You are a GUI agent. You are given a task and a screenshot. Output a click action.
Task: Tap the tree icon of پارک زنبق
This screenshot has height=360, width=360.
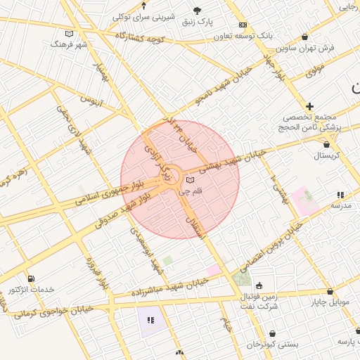pyautogui.click(x=197, y=11)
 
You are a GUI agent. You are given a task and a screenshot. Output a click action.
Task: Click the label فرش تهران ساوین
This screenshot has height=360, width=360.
pyautogui.click(x=305, y=49)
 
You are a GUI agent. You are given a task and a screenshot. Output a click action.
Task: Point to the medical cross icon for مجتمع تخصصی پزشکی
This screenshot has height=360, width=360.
pyautogui.click(x=310, y=106)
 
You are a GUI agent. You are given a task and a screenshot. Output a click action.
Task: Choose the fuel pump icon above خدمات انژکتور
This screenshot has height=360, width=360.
pyautogui.click(x=30, y=278)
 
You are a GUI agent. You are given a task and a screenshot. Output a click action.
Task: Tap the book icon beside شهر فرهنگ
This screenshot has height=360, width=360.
pyautogui.click(x=69, y=33)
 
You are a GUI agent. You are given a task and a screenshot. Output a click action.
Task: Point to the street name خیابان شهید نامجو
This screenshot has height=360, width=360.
pyautogui.click(x=221, y=93)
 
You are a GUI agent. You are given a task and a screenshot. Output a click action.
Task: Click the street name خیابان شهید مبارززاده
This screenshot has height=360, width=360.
pyautogui.click(x=169, y=288)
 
